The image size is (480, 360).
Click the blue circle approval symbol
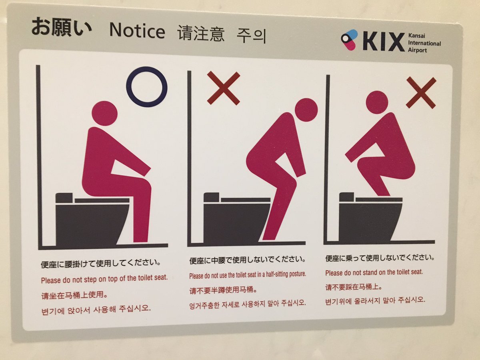[147, 87]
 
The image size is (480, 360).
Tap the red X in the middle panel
[224, 88]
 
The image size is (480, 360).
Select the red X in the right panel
[421, 93]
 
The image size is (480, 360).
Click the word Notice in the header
[137, 31]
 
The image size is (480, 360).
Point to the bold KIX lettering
[384, 42]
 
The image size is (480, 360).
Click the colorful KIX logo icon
[350, 40]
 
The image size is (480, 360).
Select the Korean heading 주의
[251, 36]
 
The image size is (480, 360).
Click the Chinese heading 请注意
[201, 34]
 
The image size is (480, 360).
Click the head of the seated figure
[104, 113]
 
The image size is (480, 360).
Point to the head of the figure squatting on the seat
[377, 102]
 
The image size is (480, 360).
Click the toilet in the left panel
[92, 220]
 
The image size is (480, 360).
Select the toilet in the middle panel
[236, 219]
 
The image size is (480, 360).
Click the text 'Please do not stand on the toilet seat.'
[374, 272]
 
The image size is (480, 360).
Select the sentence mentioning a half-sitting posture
[247, 275]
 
